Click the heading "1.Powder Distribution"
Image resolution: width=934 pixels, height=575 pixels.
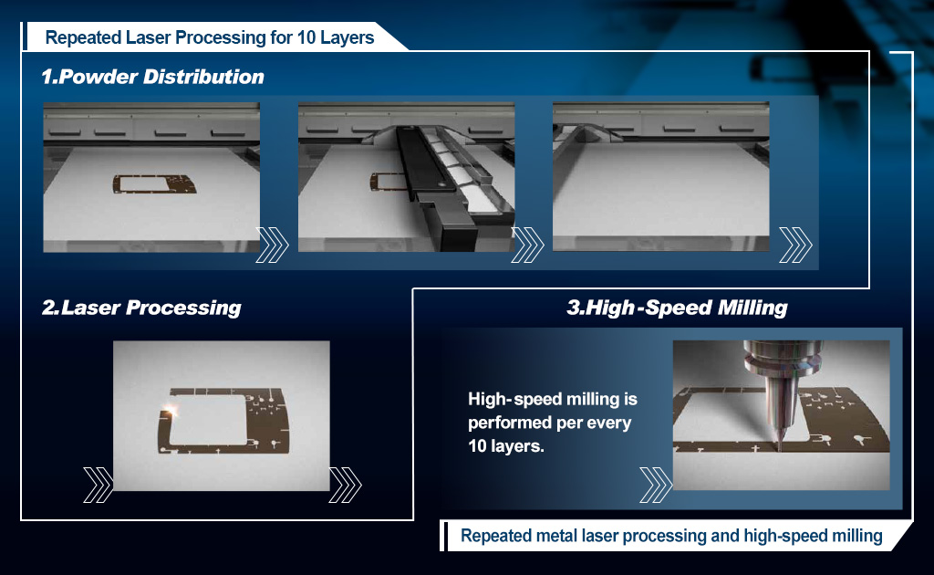click(152, 77)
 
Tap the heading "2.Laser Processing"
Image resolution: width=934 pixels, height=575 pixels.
click(141, 308)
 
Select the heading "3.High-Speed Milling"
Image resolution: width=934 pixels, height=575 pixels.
click(678, 308)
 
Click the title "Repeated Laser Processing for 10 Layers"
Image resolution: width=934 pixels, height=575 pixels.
click(210, 37)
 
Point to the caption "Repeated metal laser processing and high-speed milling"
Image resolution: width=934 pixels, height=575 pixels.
click(671, 536)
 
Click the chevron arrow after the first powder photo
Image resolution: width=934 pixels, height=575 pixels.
click(272, 245)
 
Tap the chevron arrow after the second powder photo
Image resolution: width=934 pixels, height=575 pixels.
click(528, 245)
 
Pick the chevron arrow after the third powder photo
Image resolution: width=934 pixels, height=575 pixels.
click(795, 245)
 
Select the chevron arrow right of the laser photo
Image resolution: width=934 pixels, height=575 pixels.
click(346, 485)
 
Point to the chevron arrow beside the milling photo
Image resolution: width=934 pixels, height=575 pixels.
click(656, 485)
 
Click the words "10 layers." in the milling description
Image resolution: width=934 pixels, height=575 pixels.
click(505, 445)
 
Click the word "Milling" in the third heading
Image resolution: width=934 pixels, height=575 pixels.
click(752, 308)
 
